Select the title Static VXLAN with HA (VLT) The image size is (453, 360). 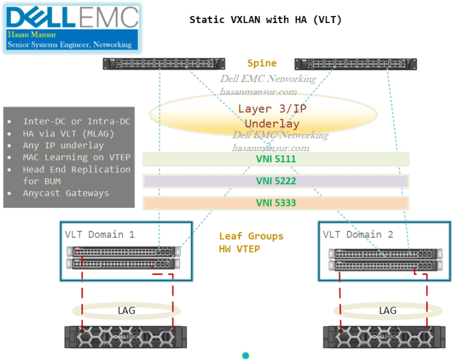(x=265, y=19)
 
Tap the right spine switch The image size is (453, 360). (x=356, y=63)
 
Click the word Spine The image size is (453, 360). (x=261, y=63)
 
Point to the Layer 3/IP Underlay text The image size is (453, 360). (x=272, y=116)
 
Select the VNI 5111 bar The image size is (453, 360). (x=276, y=159)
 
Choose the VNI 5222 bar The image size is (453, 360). (x=276, y=181)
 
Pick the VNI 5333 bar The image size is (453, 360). (x=276, y=203)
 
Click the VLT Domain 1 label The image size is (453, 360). (x=99, y=234)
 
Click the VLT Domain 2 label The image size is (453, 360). (x=357, y=234)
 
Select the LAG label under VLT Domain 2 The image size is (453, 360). (x=388, y=310)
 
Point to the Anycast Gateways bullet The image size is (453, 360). (x=65, y=193)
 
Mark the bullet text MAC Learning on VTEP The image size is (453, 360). (x=77, y=157)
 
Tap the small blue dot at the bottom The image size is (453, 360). (x=245, y=355)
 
